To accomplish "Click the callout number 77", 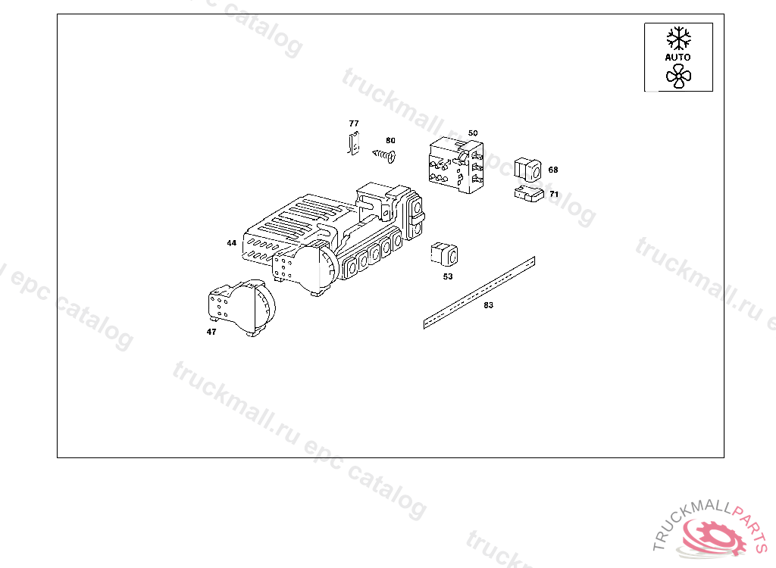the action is point(353,123).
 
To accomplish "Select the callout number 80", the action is point(390,141).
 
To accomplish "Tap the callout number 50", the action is point(473,133).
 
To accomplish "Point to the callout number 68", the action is point(552,170).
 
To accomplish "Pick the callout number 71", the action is point(554,194).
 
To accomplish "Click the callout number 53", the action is point(447,276).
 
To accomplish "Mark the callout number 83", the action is point(488,305).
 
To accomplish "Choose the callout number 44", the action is point(231,243).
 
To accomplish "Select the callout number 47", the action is point(211,332).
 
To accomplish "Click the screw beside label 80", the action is point(384,156).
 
